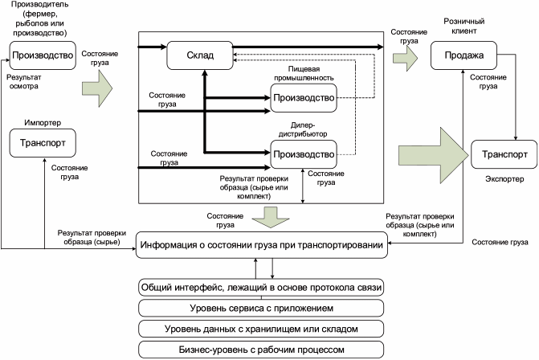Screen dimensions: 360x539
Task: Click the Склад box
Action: point(199,55)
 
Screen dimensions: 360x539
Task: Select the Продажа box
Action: point(462,55)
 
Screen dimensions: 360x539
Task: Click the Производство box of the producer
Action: point(43,55)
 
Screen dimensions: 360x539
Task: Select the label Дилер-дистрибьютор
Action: point(302,129)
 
